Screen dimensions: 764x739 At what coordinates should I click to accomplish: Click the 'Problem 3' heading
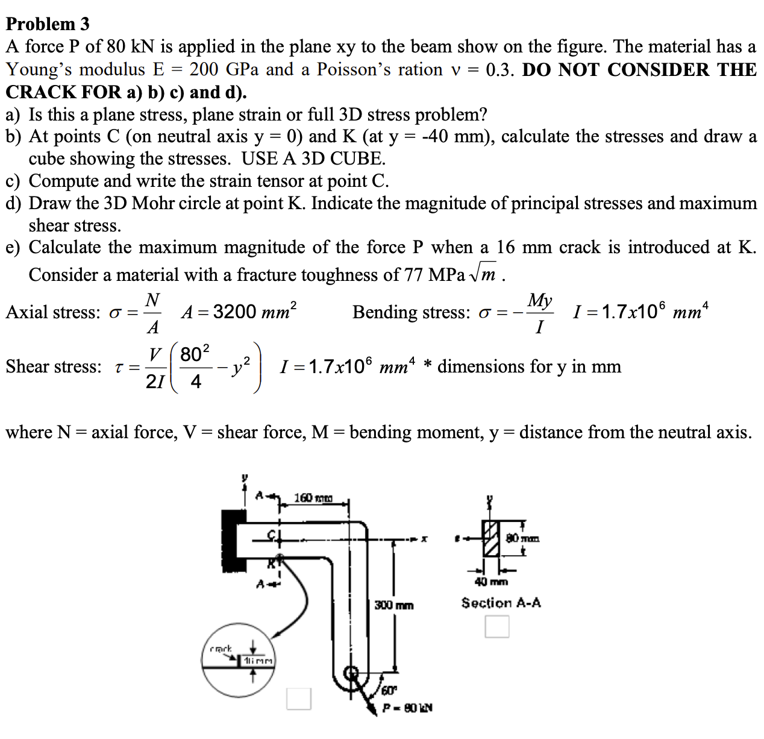pos(48,24)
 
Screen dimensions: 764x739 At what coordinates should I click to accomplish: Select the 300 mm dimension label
pos(394,605)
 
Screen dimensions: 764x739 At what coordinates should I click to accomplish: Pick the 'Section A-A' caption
pos(501,602)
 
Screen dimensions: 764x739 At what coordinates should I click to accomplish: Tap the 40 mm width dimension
pos(491,582)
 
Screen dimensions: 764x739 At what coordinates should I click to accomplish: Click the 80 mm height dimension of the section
pos(522,537)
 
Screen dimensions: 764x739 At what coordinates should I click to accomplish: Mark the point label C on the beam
pos(272,534)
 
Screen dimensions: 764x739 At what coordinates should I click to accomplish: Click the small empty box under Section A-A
pos(497,626)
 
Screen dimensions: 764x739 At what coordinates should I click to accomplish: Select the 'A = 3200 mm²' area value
pos(239,312)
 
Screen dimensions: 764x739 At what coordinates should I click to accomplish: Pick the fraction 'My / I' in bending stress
pos(540,313)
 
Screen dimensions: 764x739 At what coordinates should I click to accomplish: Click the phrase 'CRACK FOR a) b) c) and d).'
pos(126,92)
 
